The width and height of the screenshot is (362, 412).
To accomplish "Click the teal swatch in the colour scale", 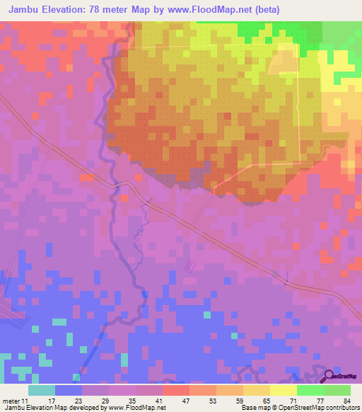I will click(x=42, y=390).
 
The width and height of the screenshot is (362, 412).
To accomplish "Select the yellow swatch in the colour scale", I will click(x=284, y=390).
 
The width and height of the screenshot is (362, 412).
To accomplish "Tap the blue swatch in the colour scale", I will click(x=69, y=390).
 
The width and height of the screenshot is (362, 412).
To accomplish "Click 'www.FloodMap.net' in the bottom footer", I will click(x=137, y=408).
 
